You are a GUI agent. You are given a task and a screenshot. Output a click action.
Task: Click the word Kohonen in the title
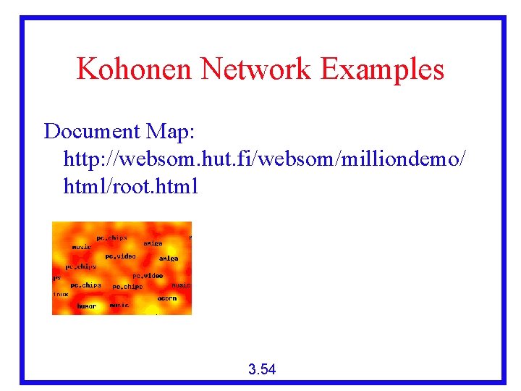[x=135, y=70]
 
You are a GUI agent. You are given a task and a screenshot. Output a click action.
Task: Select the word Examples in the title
[x=382, y=70]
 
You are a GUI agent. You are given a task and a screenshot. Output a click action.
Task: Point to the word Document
[x=91, y=132]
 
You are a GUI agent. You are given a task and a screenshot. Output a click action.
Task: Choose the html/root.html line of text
[x=130, y=186]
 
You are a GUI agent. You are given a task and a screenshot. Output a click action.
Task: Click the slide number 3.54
[x=261, y=370]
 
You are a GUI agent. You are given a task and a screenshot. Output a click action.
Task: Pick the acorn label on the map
[x=167, y=298]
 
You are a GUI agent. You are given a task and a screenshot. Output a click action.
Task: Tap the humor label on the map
[x=87, y=306]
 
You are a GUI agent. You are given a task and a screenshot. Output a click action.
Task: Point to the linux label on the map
[x=61, y=295]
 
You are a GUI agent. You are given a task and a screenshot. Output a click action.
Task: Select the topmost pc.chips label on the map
[x=111, y=237]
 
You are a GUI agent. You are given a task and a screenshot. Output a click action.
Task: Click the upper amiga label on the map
[x=153, y=243]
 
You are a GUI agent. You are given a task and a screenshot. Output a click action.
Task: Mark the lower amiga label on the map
[x=169, y=258]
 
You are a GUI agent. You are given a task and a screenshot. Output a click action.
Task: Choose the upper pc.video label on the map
[x=120, y=256]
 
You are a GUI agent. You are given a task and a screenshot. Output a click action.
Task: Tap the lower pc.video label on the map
[x=148, y=276]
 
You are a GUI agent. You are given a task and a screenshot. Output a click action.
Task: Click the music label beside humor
[x=119, y=306]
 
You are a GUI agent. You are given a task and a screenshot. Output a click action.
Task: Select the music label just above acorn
[x=180, y=286]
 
